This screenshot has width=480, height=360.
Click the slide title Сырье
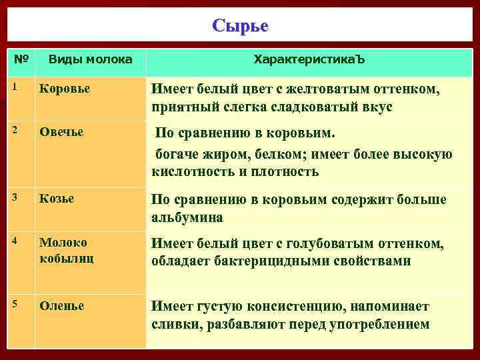coord(240,26)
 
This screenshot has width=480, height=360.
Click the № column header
coord(21,59)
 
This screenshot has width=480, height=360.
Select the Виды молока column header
coord(90,60)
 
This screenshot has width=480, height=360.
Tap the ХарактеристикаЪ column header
coord(309,60)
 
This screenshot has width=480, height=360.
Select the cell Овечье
coord(61,132)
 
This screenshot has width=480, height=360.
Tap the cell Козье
coord(57,199)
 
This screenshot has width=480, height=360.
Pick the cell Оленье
coord(61,306)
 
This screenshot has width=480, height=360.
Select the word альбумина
coord(187,217)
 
